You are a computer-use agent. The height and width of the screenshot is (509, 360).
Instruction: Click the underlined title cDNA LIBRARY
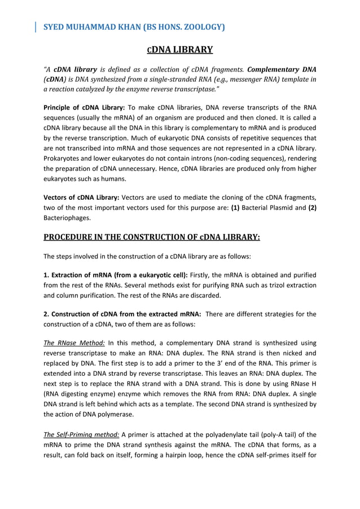(x=180, y=50)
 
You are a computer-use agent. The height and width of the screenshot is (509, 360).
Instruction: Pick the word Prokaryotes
(x=64, y=159)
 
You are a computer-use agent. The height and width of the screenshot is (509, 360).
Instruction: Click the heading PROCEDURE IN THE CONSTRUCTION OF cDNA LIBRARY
(x=152, y=237)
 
